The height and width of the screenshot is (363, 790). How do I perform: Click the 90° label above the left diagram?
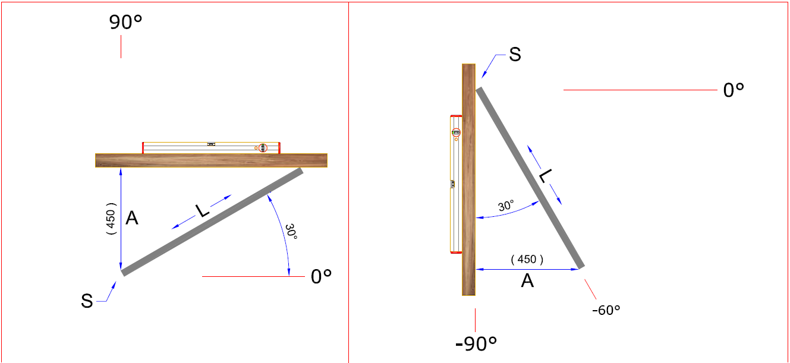125,22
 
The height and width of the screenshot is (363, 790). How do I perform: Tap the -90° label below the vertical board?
476,343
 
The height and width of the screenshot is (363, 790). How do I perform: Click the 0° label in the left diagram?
321,277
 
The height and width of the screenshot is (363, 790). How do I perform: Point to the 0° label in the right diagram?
734,90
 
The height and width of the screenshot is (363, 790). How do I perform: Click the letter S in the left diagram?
87,301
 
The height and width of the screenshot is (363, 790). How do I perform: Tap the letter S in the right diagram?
515,55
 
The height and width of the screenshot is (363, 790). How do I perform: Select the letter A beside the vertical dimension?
132,218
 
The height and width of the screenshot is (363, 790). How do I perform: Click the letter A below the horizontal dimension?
527,281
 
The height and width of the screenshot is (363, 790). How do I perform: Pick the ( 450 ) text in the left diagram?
111,219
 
